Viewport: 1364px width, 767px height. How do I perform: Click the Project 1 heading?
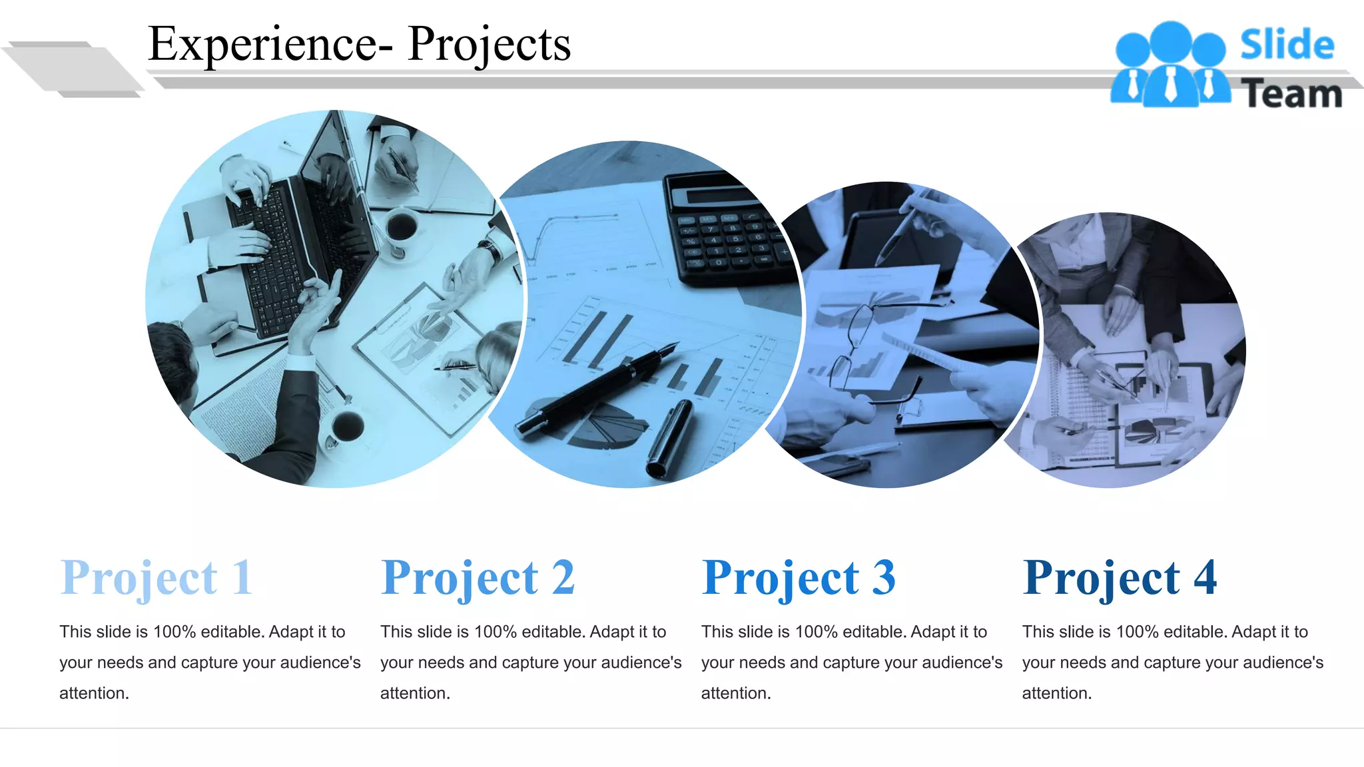157,578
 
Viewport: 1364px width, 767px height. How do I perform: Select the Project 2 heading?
478,578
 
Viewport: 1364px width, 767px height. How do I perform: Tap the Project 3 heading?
799,578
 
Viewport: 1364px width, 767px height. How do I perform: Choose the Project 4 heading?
1120,578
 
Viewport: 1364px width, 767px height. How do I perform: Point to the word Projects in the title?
489,45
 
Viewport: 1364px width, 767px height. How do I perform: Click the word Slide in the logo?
1287,45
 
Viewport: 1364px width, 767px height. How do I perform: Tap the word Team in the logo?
1291,94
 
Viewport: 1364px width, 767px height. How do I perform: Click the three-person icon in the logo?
1170,65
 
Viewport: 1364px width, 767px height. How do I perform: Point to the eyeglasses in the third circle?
866,346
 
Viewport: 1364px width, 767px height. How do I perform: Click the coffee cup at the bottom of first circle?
347,426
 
